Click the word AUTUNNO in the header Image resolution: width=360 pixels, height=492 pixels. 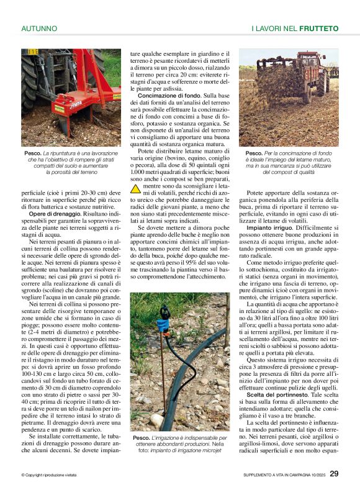tap(39, 29)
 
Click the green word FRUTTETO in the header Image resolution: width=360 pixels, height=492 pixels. tap(318, 29)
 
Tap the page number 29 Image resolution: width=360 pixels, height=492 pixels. tap(334, 473)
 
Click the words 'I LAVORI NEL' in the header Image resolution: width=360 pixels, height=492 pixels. tap(274, 29)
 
